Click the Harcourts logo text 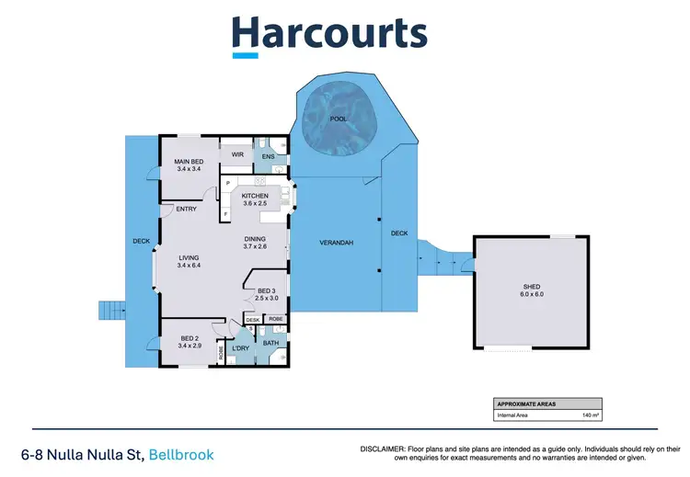point(329,33)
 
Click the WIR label point(236,154)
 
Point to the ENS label point(268,157)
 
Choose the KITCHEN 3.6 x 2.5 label point(254,199)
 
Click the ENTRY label point(187,209)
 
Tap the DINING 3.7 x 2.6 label point(255,242)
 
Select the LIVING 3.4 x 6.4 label point(189,261)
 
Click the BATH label point(270,343)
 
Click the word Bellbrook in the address point(183,455)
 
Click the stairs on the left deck point(110,309)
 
